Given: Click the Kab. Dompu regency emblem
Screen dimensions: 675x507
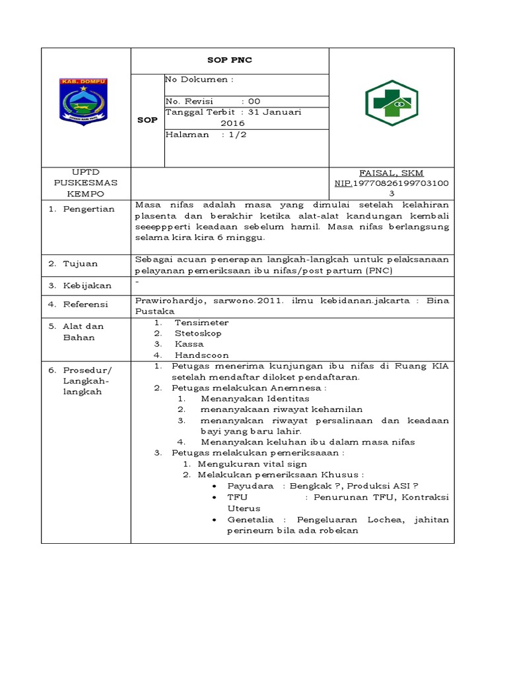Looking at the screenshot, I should click(x=84, y=101).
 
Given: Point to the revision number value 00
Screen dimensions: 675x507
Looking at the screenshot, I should click(x=254, y=102).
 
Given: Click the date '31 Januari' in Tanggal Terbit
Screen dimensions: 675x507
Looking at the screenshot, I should click(x=275, y=112).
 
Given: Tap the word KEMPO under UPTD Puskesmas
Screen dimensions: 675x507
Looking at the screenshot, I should click(x=85, y=194).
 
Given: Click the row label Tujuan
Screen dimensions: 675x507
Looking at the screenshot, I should click(x=81, y=264).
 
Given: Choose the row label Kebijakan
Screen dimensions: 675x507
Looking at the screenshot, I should click(x=87, y=285).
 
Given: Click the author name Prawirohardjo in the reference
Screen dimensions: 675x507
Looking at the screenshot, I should click(x=167, y=300).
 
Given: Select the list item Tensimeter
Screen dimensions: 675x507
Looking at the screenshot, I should click(x=201, y=322).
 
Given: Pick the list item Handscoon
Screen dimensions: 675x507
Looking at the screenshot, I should click(x=201, y=355).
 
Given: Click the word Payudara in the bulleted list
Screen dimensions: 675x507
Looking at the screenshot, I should click(x=251, y=485).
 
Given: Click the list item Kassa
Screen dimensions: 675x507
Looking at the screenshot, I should click(x=189, y=344).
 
